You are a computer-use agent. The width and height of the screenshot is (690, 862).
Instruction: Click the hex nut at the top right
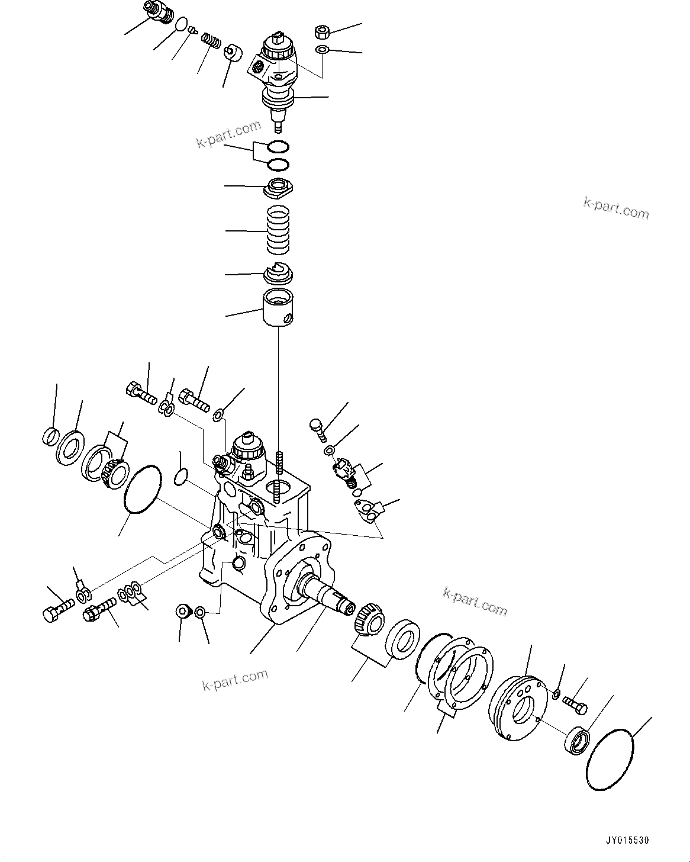(x=323, y=31)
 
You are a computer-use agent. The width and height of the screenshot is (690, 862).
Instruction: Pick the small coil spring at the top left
(x=211, y=41)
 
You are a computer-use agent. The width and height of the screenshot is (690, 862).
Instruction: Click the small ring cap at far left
(x=50, y=436)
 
